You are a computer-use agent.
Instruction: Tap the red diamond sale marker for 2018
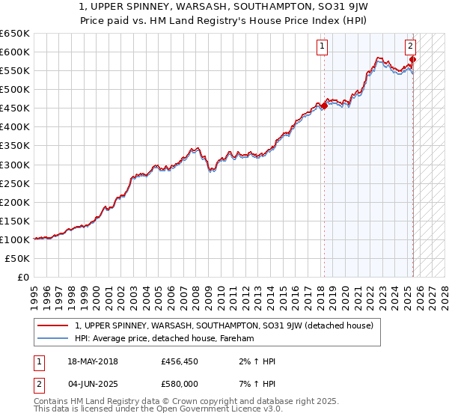pyautogui.click(x=324, y=105)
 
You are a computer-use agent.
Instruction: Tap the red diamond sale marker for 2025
pyautogui.click(x=413, y=59)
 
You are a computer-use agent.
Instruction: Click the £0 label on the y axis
pyautogui.click(x=24, y=277)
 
